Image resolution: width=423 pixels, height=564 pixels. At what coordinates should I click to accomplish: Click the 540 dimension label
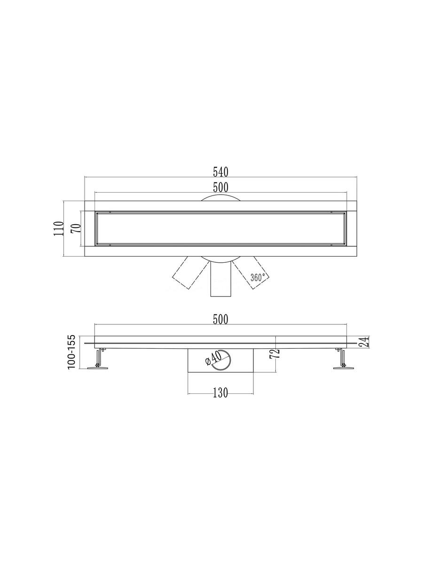(x=220, y=172)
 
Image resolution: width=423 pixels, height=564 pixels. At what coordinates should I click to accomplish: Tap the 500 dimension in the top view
(x=220, y=188)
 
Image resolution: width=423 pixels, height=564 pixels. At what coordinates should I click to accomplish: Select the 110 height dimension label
(x=59, y=229)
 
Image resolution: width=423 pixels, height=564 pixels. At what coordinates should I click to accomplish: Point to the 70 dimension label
(x=76, y=228)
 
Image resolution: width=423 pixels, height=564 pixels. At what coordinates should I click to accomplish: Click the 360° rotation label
(x=258, y=277)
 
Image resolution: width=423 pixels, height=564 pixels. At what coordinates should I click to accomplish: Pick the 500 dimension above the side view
(x=220, y=320)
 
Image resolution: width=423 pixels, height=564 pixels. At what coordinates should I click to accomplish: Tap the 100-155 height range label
(x=71, y=352)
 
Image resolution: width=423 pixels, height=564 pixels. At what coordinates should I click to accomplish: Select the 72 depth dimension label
(x=275, y=354)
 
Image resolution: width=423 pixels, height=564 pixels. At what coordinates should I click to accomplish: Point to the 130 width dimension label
(x=220, y=392)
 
